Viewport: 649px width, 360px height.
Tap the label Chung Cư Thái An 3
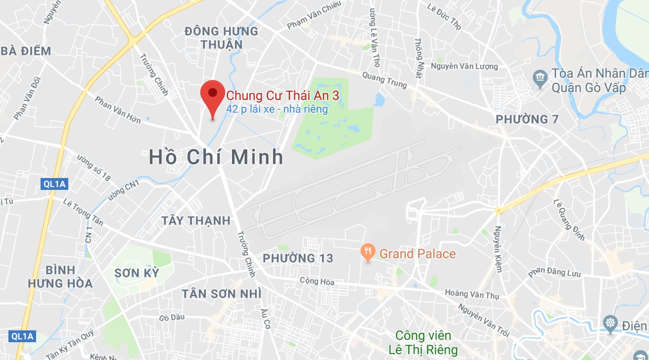coord(282,95)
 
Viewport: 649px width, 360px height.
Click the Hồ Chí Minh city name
coord(216,157)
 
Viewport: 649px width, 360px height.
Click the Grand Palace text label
coord(417,254)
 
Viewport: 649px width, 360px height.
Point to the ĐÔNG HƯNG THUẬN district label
coord(221,38)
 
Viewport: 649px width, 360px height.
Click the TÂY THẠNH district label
coord(196,221)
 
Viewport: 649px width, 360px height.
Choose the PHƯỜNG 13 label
coord(298,258)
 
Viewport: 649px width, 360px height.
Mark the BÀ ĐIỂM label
coord(26,51)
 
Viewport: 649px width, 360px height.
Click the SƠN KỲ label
coord(137,273)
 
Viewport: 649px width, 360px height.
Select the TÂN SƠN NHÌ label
coord(221,294)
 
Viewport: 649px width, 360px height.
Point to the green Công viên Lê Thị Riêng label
coord(423,343)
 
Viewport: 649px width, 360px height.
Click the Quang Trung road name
coord(384,81)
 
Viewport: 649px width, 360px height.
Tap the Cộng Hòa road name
coord(317,281)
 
